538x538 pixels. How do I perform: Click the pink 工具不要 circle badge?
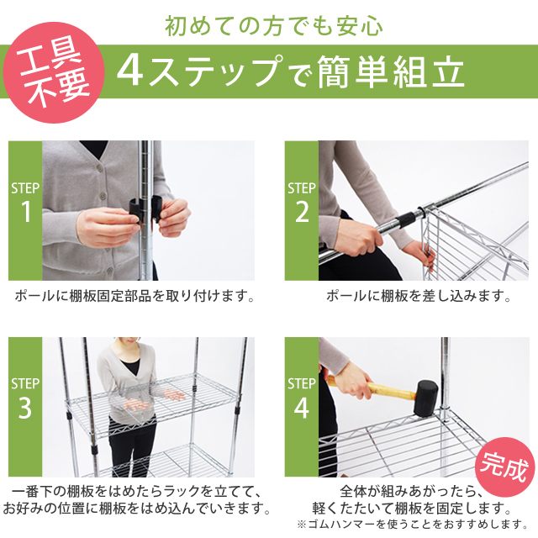tap(54, 72)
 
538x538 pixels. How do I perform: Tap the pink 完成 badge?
tap(504, 467)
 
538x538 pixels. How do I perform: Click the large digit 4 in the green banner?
tap(130, 71)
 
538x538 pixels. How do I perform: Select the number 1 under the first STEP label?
tap(26, 212)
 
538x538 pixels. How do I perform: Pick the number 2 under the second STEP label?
tap(302, 212)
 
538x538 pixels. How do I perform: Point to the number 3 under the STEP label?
tap(25, 408)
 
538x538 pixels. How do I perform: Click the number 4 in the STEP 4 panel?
tap(301, 408)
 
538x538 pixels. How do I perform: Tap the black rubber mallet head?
tap(425, 398)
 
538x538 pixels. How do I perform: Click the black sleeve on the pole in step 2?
tap(405, 219)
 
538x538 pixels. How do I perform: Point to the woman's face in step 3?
tap(127, 347)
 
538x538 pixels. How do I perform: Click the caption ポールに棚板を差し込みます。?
tap(419, 296)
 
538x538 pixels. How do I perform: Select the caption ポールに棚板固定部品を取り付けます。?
tap(134, 296)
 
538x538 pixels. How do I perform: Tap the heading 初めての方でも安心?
tap(273, 26)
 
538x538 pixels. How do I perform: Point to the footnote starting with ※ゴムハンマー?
tap(413, 524)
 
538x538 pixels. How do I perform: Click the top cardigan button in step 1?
tap(100, 168)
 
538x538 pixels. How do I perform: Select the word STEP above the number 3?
tap(25, 383)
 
